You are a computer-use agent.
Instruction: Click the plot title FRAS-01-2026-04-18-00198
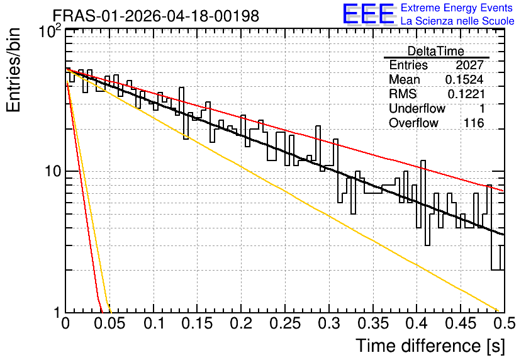(156, 16)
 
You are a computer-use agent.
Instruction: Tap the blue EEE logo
(369, 14)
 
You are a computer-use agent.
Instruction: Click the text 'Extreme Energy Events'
(457, 8)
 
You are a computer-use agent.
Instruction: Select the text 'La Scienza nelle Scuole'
(457, 21)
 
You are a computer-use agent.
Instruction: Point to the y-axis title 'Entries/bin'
(13, 70)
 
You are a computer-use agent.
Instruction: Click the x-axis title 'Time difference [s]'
(430, 346)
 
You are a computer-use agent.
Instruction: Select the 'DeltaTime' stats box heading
(436, 51)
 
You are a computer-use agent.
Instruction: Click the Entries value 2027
(469, 65)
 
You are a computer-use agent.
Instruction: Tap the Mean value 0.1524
(464, 79)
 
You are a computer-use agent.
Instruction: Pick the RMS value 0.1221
(466, 94)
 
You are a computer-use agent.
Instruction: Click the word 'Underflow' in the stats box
(417, 108)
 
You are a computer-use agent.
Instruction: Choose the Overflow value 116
(474, 123)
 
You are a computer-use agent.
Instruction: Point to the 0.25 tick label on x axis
(285, 323)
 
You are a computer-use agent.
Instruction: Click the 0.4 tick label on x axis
(417, 323)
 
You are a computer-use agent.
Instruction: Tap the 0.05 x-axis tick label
(109, 323)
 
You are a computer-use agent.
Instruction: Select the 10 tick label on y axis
(53, 171)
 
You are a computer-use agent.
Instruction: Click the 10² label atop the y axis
(50, 32)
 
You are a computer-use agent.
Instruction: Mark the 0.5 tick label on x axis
(505, 323)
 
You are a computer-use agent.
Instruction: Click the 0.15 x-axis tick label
(198, 323)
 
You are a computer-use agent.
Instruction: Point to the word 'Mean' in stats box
(404, 79)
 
